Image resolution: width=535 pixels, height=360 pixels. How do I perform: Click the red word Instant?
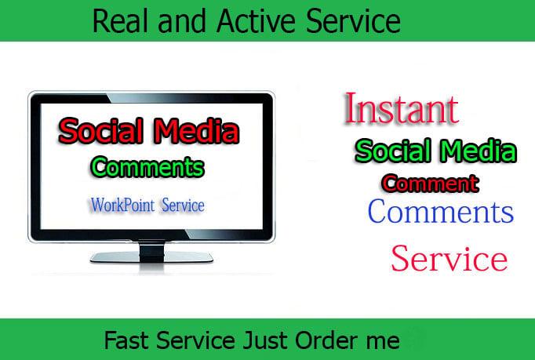click(401, 110)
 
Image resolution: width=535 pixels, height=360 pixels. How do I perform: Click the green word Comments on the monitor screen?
click(147, 167)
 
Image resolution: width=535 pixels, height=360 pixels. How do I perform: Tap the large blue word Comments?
click(440, 212)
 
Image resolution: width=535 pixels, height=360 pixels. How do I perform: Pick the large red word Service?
click(449, 258)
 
